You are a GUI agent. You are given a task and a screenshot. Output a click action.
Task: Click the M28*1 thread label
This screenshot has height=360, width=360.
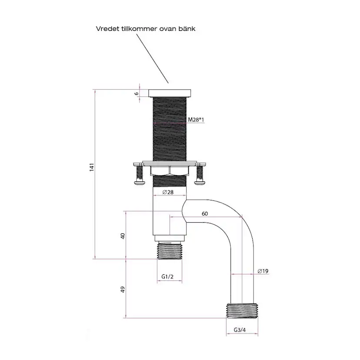pos(196,119)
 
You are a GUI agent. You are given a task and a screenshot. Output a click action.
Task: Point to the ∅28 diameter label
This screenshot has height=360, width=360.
pos(168,192)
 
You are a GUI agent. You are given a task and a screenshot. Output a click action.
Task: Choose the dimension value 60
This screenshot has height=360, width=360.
pos(205,213)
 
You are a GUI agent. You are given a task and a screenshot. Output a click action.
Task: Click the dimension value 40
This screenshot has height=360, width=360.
pos(123,236)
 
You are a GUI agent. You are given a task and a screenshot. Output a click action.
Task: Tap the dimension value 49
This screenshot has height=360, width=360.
pos(123,289)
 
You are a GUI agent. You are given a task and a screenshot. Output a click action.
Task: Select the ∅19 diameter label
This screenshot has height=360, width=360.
pos(263,271)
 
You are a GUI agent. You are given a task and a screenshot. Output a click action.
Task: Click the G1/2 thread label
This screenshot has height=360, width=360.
pos(168,277)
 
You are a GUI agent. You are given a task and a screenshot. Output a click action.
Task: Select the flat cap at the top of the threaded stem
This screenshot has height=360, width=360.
pos(170,93)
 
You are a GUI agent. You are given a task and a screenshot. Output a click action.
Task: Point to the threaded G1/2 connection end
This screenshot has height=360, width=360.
pos(170,250)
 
